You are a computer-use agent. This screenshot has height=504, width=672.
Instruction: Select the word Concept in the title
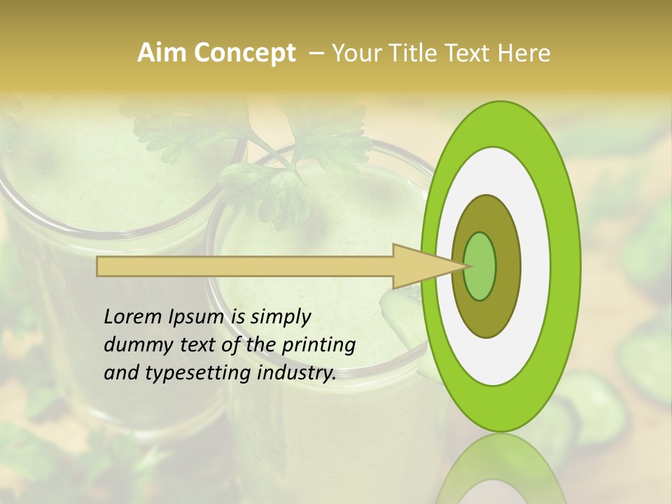pos(244,53)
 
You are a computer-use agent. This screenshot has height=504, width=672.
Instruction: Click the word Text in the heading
pos(472,53)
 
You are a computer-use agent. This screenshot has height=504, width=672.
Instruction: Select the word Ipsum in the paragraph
pos(199,317)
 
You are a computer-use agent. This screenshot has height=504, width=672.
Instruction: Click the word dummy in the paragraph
pos(134,345)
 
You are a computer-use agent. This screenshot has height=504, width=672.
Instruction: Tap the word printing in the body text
pos(318,346)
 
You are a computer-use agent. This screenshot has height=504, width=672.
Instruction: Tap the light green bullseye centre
pos(480,266)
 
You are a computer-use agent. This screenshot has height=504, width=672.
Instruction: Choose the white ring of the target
pos(535,266)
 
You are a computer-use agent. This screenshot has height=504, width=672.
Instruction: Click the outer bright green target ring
pos(566,266)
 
